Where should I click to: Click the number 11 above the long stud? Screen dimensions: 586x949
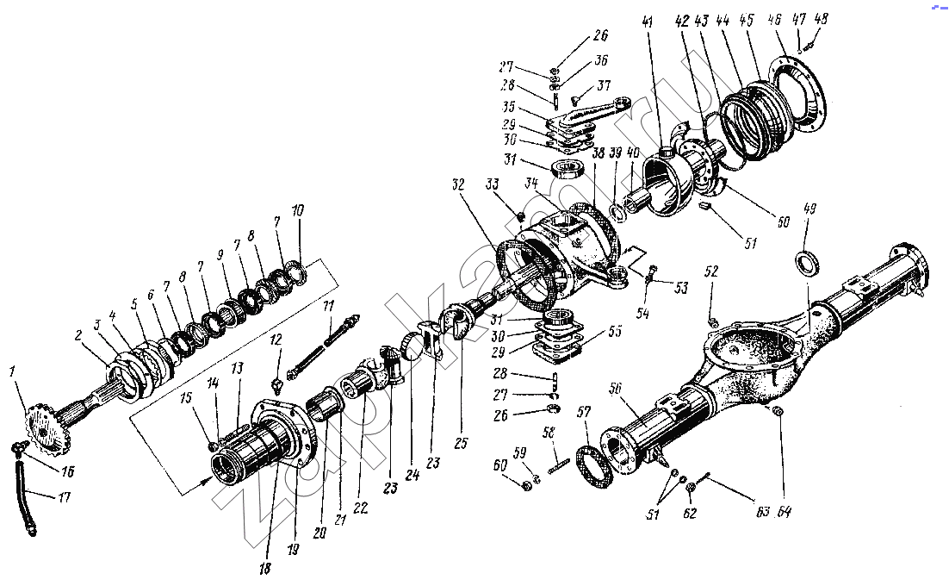[x=327, y=306]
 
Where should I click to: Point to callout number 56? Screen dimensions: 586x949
[x=617, y=390]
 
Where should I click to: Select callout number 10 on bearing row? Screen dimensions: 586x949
[x=297, y=210]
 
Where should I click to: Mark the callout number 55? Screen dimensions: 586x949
[x=615, y=330]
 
